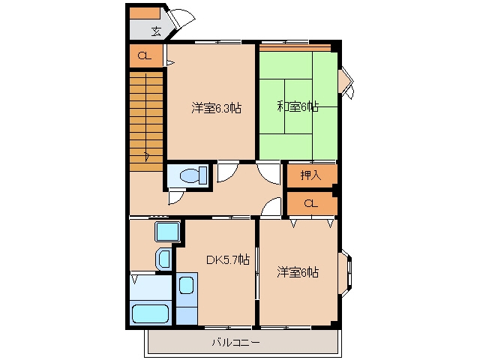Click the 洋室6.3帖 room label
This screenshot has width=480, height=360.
tap(217, 108)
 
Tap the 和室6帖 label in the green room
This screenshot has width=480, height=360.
tap(298, 106)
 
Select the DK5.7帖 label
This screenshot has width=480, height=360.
tap(228, 260)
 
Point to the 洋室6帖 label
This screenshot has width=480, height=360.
tap(298, 272)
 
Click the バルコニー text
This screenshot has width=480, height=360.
tap(236, 342)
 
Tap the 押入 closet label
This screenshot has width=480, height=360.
tap(310, 175)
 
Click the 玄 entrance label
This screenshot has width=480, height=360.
tap(157, 31)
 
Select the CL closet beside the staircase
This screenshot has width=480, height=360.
tap(145, 56)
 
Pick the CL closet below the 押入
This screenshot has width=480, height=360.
tap(310, 203)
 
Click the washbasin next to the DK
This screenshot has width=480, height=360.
tap(164, 259)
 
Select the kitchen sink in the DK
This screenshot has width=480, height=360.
tap(186, 285)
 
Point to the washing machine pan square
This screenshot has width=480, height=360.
tap(167, 232)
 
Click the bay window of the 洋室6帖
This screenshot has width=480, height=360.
tap(345, 273)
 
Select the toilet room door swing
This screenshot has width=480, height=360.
tap(177, 197)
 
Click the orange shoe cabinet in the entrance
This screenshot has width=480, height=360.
tap(145, 13)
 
